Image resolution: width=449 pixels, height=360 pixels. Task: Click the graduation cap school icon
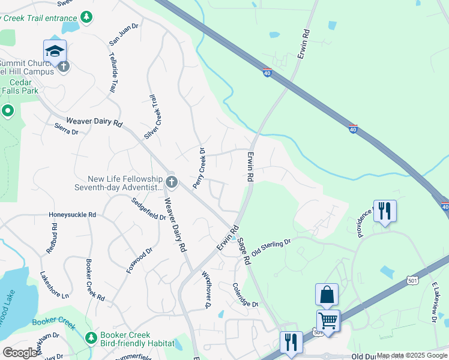(x=55, y=50)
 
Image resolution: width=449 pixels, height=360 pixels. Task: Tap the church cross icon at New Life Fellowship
(x=172, y=181)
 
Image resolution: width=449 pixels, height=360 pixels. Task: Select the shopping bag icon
(x=327, y=295)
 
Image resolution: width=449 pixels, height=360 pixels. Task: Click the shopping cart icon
(x=328, y=320)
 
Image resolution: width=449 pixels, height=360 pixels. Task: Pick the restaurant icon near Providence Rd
(x=385, y=211)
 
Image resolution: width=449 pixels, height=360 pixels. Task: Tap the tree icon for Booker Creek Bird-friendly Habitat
(x=91, y=338)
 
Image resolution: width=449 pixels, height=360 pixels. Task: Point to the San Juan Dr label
(x=124, y=34)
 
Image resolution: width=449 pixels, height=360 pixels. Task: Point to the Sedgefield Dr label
(x=148, y=208)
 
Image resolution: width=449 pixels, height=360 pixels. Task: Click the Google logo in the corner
(x=20, y=353)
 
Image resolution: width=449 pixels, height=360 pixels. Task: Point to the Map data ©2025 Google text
(x=412, y=355)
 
